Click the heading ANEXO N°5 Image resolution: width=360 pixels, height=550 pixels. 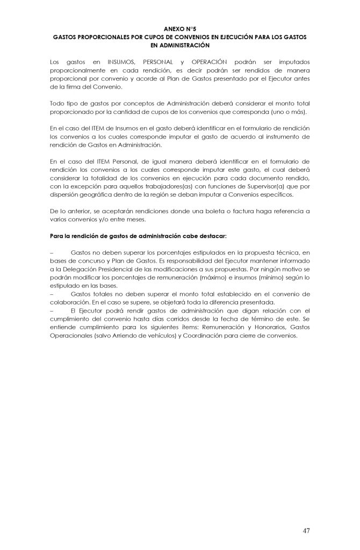pos(179,26)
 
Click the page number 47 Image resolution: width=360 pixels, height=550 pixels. pos(306,531)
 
